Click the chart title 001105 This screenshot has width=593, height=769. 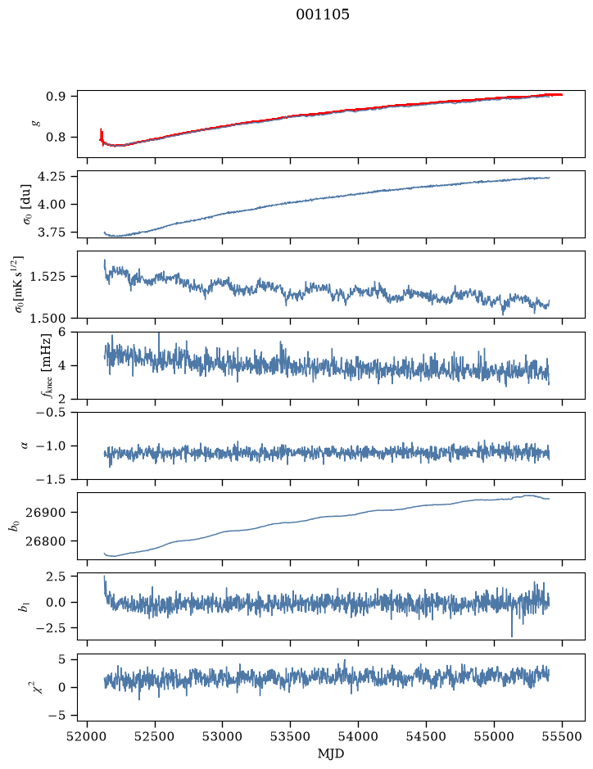click(x=323, y=15)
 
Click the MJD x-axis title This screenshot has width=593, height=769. click(x=331, y=753)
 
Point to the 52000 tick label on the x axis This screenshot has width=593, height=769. click(x=88, y=736)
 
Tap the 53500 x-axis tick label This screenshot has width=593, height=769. click(x=291, y=736)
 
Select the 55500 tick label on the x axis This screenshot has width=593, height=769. click(x=562, y=736)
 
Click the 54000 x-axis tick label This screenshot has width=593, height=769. click(x=358, y=736)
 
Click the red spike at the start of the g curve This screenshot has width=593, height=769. click(x=101, y=136)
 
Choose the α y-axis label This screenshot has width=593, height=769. click(x=25, y=446)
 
